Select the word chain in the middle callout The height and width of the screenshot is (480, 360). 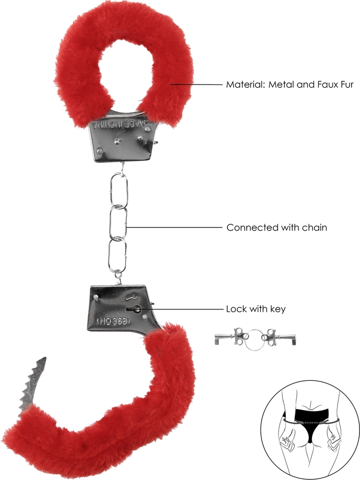point(313,227)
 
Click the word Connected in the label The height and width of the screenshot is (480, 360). point(248,227)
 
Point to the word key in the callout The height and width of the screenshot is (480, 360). point(277,309)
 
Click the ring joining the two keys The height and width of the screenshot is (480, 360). point(254,338)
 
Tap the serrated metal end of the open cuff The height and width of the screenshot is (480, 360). point(32,387)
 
